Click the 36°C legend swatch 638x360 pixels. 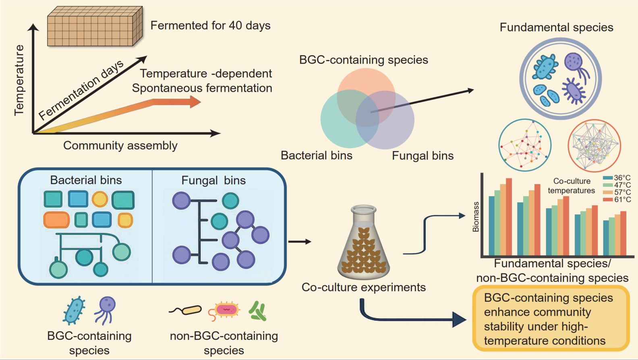point(608,178)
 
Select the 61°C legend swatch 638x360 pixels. point(608,199)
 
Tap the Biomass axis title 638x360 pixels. point(476,217)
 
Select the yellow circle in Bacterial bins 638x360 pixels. point(99,199)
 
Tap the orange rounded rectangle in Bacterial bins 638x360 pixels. point(56,220)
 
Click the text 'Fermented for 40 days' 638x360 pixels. point(210,25)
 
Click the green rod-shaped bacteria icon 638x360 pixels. point(258,311)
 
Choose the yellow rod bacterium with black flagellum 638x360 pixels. point(192,310)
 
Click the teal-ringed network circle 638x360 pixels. point(525,145)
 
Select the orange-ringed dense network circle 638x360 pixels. point(594,145)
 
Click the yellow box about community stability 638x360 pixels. point(551,319)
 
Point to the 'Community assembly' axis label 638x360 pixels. point(120,145)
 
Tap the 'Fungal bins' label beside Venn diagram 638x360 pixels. point(423,156)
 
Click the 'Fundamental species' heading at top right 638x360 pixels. point(556,27)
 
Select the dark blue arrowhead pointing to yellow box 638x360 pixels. point(459,319)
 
